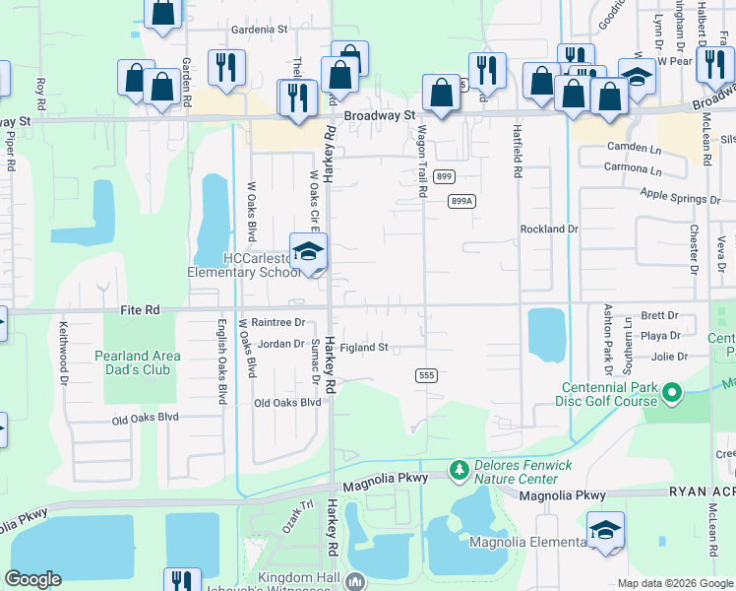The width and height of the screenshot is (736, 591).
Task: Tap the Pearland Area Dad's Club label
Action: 137,362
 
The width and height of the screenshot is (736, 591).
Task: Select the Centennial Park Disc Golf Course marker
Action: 673,395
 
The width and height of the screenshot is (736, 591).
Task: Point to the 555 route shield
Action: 426,375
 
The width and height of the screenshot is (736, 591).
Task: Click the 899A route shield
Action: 461,200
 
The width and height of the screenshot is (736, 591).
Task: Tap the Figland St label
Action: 365,348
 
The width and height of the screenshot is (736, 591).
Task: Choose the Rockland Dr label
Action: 549,229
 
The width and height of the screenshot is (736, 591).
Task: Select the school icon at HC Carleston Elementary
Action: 308,252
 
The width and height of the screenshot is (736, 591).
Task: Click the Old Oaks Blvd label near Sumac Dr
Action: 287,403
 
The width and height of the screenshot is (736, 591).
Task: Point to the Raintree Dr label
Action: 278,322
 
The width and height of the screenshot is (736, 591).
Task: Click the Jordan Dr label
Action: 280,345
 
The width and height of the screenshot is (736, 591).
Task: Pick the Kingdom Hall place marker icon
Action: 354,580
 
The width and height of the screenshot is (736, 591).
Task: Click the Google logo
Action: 32,579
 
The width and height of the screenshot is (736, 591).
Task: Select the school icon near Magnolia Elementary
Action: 605,530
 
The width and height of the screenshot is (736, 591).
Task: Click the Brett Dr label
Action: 659,316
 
